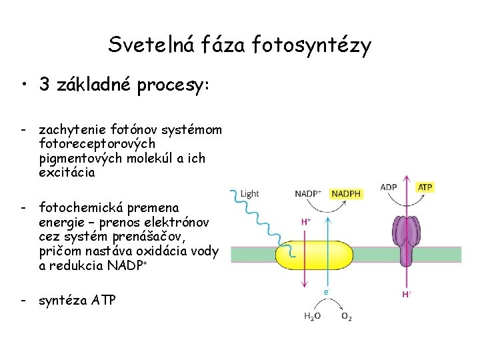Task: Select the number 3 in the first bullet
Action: click(x=45, y=85)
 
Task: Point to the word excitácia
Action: click(x=67, y=172)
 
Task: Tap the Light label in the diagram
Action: click(x=249, y=194)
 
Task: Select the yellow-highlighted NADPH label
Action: click(x=345, y=194)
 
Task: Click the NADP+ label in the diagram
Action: click(x=308, y=194)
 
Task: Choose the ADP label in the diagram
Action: click(x=389, y=187)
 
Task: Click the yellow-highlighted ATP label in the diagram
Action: click(x=425, y=187)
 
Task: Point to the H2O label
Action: click(x=311, y=316)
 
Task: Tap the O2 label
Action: click(x=347, y=316)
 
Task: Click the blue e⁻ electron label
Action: click(x=327, y=292)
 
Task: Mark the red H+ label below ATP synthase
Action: click(x=406, y=293)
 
